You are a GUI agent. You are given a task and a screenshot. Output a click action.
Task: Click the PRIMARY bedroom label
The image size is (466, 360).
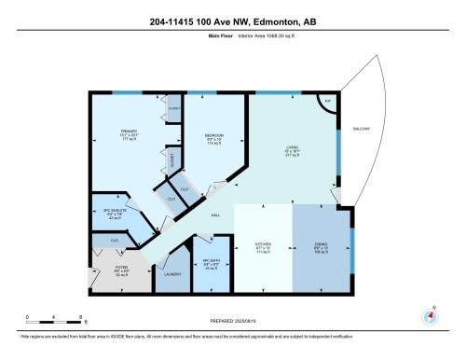pos(129,131)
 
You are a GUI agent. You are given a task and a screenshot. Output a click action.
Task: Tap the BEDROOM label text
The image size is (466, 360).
pos(214,136)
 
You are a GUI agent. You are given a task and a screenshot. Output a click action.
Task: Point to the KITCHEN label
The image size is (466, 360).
pos(264,243)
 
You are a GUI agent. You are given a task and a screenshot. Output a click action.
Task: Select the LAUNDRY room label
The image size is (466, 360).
pos(171,275)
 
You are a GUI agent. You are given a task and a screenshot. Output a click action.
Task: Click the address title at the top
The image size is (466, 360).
pos(232,22)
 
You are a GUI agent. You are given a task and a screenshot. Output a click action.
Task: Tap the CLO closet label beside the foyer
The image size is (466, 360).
pos(114,241)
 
